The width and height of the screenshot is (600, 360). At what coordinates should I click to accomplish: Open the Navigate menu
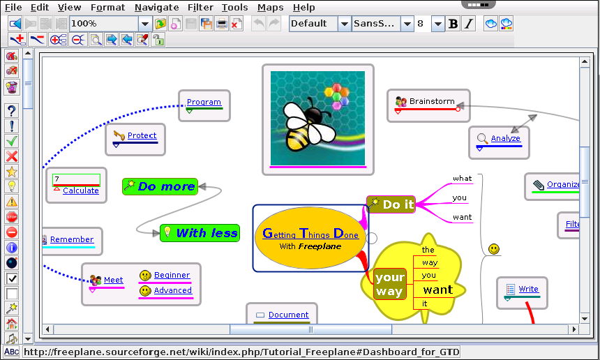[x=156, y=7]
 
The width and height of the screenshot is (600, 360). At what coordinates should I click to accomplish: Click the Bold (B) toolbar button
[x=453, y=24]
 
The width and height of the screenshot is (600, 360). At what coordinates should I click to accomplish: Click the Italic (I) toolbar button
[x=469, y=24]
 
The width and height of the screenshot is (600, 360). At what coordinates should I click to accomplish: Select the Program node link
[x=204, y=102]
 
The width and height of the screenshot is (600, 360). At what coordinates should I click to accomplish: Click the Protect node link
[x=142, y=135]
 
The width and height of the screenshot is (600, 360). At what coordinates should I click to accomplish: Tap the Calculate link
[x=81, y=190]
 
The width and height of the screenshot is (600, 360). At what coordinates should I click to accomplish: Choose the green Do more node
[x=160, y=186]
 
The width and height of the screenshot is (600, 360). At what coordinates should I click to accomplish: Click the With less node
[x=200, y=233]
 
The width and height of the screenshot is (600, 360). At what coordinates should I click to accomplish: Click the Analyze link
[x=506, y=138]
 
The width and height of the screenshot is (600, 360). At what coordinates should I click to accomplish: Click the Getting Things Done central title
[x=310, y=233]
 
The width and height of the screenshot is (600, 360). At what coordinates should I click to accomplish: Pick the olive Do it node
[x=391, y=204]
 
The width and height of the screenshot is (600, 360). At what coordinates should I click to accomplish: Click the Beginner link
[x=172, y=275]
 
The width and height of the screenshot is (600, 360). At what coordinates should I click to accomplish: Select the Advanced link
[x=172, y=290]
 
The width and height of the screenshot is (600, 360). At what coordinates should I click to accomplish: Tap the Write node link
[x=528, y=289]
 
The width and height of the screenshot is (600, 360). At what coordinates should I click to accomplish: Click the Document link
[x=288, y=315]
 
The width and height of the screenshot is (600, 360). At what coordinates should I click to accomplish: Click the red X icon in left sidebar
[x=12, y=156]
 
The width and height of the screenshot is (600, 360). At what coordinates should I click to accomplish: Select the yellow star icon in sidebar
[x=12, y=172]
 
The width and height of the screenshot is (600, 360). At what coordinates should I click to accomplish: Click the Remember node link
[x=72, y=239]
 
